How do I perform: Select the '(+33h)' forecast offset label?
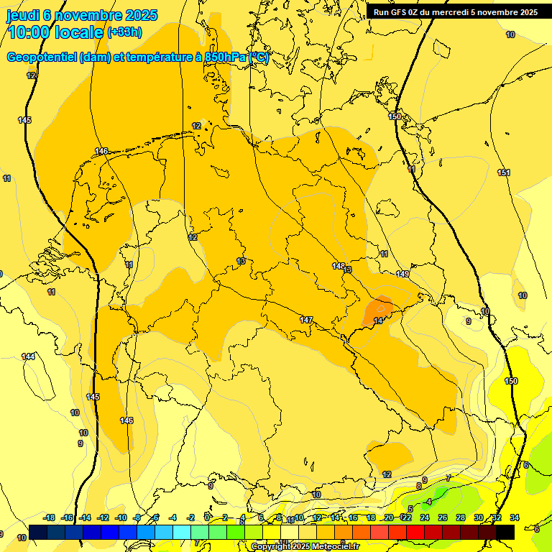coord(124,32)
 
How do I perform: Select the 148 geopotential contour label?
coord(339,266)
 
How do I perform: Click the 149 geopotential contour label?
coord(402,274)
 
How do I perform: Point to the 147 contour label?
coord(306,319)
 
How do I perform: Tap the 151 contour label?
coord(504,172)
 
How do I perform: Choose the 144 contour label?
coord(28,356)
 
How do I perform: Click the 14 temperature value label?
coord(378,321)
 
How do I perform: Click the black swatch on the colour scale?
coord(505,532)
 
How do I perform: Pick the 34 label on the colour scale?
coord(514,517)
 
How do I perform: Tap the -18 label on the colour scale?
coord(50,517)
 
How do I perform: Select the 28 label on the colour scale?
coord(460,517)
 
